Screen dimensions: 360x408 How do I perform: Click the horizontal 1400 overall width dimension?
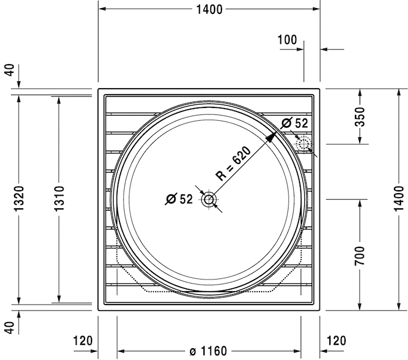[x=209, y=9]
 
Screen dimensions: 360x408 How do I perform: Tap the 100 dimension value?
[x=287, y=40]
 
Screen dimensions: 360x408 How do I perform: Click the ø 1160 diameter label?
[x=208, y=351]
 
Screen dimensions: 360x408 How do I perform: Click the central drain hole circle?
[x=209, y=200]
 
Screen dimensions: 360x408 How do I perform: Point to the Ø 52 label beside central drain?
[x=179, y=199]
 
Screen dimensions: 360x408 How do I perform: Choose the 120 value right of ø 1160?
[x=336, y=341]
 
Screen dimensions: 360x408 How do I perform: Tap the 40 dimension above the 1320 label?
[x=9, y=71]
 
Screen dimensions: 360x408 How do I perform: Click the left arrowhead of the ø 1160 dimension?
[x=121, y=351]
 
